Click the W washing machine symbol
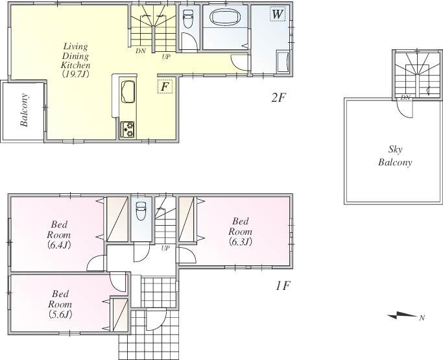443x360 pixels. tap(277, 14)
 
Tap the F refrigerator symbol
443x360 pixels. tap(165, 86)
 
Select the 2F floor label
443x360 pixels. tap(278, 98)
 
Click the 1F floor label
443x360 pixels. tap(281, 284)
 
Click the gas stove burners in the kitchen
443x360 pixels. tap(127, 130)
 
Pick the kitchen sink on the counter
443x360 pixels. tap(127, 89)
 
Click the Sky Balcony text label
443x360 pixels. tap(395, 156)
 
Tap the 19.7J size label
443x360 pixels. tap(75, 75)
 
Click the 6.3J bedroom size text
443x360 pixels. tap(239, 241)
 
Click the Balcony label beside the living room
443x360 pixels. tap(24, 110)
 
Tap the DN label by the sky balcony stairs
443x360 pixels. tap(405, 97)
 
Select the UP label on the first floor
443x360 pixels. tap(165, 248)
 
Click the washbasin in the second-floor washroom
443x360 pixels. tap(283, 64)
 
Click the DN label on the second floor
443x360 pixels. tap(140, 51)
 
